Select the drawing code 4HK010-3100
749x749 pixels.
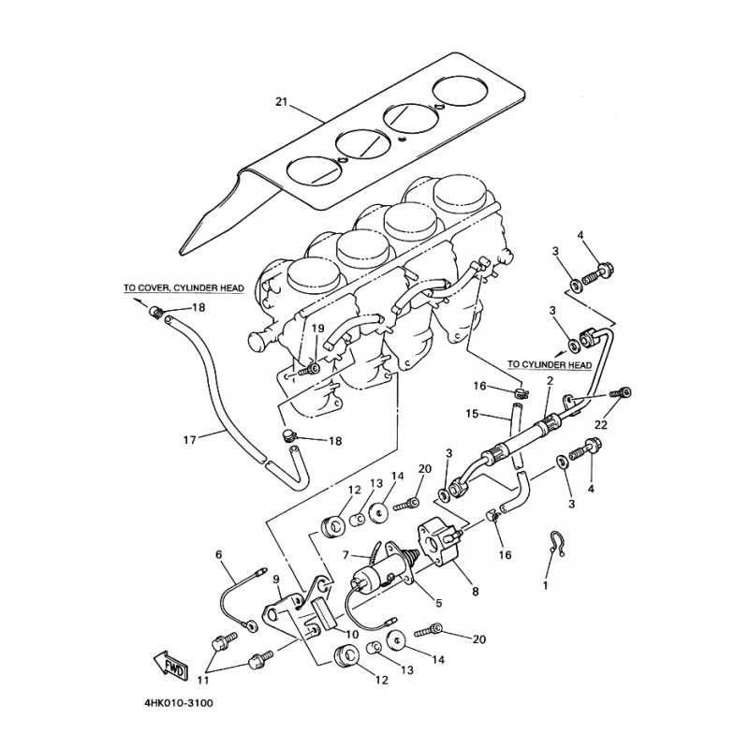pos(178,703)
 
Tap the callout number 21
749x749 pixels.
pos(282,102)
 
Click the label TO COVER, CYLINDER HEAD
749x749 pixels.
pos(184,288)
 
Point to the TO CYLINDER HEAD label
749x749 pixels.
pos(550,365)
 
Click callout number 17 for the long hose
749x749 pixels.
pos(190,439)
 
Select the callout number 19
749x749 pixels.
pos(318,329)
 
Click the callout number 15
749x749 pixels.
pos(472,414)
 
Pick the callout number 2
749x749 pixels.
pos(550,381)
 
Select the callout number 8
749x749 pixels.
pos(476,592)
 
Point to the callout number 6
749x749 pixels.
pos(219,555)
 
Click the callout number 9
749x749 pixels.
pos(276,580)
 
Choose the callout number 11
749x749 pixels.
pos(206,681)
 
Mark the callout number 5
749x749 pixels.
pos(439,604)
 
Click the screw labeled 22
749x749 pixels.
pos(621,393)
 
